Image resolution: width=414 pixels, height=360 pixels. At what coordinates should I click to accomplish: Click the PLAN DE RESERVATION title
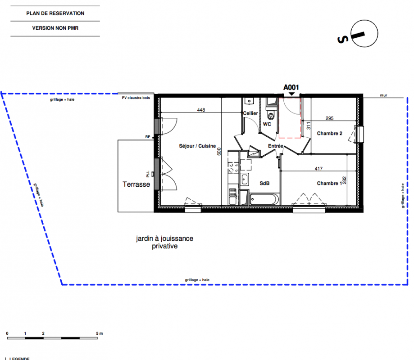pyautogui.click(x=55, y=13)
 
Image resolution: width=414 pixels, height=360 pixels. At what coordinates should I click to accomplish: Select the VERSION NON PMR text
pyautogui.click(x=55, y=28)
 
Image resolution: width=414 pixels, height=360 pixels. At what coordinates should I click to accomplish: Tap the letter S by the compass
pyautogui.click(x=343, y=40)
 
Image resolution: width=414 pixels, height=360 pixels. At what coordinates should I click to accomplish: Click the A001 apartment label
pyautogui.click(x=291, y=87)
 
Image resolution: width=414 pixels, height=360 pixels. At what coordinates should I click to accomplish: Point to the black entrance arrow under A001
pyautogui.click(x=291, y=94)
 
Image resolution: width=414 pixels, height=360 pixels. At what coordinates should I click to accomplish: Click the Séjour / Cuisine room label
pyautogui.click(x=197, y=146)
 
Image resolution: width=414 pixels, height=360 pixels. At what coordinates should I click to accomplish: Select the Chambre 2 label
pyautogui.click(x=329, y=133)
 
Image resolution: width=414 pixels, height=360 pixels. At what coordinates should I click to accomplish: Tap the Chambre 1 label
pyautogui.click(x=329, y=183)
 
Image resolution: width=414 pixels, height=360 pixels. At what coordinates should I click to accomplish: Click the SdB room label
pyautogui.click(x=264, y=183)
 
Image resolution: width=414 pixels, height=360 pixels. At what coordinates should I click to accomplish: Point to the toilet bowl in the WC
pyautogui.click(x=271, y=116)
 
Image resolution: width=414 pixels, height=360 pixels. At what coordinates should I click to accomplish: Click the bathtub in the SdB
pyautogui.click(x=264, y=199)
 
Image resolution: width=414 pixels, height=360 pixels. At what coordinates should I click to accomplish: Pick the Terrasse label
pyautogui.click(x=136, y=184)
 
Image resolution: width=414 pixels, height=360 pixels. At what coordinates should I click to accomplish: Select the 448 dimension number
pyautogui.click(x=201, y=110)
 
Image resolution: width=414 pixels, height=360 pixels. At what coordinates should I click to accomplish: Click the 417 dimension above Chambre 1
pyautogui.click(x=318, y=169)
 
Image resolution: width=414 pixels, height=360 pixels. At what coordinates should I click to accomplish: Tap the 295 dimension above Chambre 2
pyautogui.click(x=329, y=118)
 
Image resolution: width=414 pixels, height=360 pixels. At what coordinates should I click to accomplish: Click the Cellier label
pyautogui.click(x=250, y=113)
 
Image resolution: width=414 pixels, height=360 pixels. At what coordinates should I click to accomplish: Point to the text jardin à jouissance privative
pyautogui.click(x=165, y=242)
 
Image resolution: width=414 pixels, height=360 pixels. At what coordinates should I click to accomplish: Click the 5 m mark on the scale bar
pyautogui.click(x=99, y=333)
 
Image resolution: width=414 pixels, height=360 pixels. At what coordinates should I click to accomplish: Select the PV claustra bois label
pyautogui.click(x=136, y=98)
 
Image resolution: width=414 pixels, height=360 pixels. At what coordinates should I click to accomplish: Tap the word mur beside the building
pyautogui.click(x=383, y=95)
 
